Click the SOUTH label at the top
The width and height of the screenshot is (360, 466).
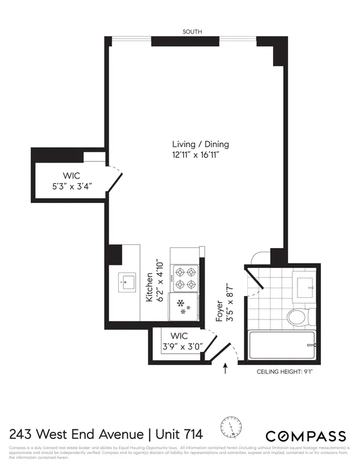[x=194, y=31]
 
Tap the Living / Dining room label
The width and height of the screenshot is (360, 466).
[x=200, y=145]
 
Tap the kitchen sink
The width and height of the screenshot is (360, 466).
[x=127, y=282]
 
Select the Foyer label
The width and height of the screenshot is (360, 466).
[x=220, y=312]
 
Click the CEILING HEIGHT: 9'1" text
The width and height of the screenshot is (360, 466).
[x=285, y=372]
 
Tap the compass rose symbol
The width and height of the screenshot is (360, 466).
[x=232, y=427]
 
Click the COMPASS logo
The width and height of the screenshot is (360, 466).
[x=305, y=435]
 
